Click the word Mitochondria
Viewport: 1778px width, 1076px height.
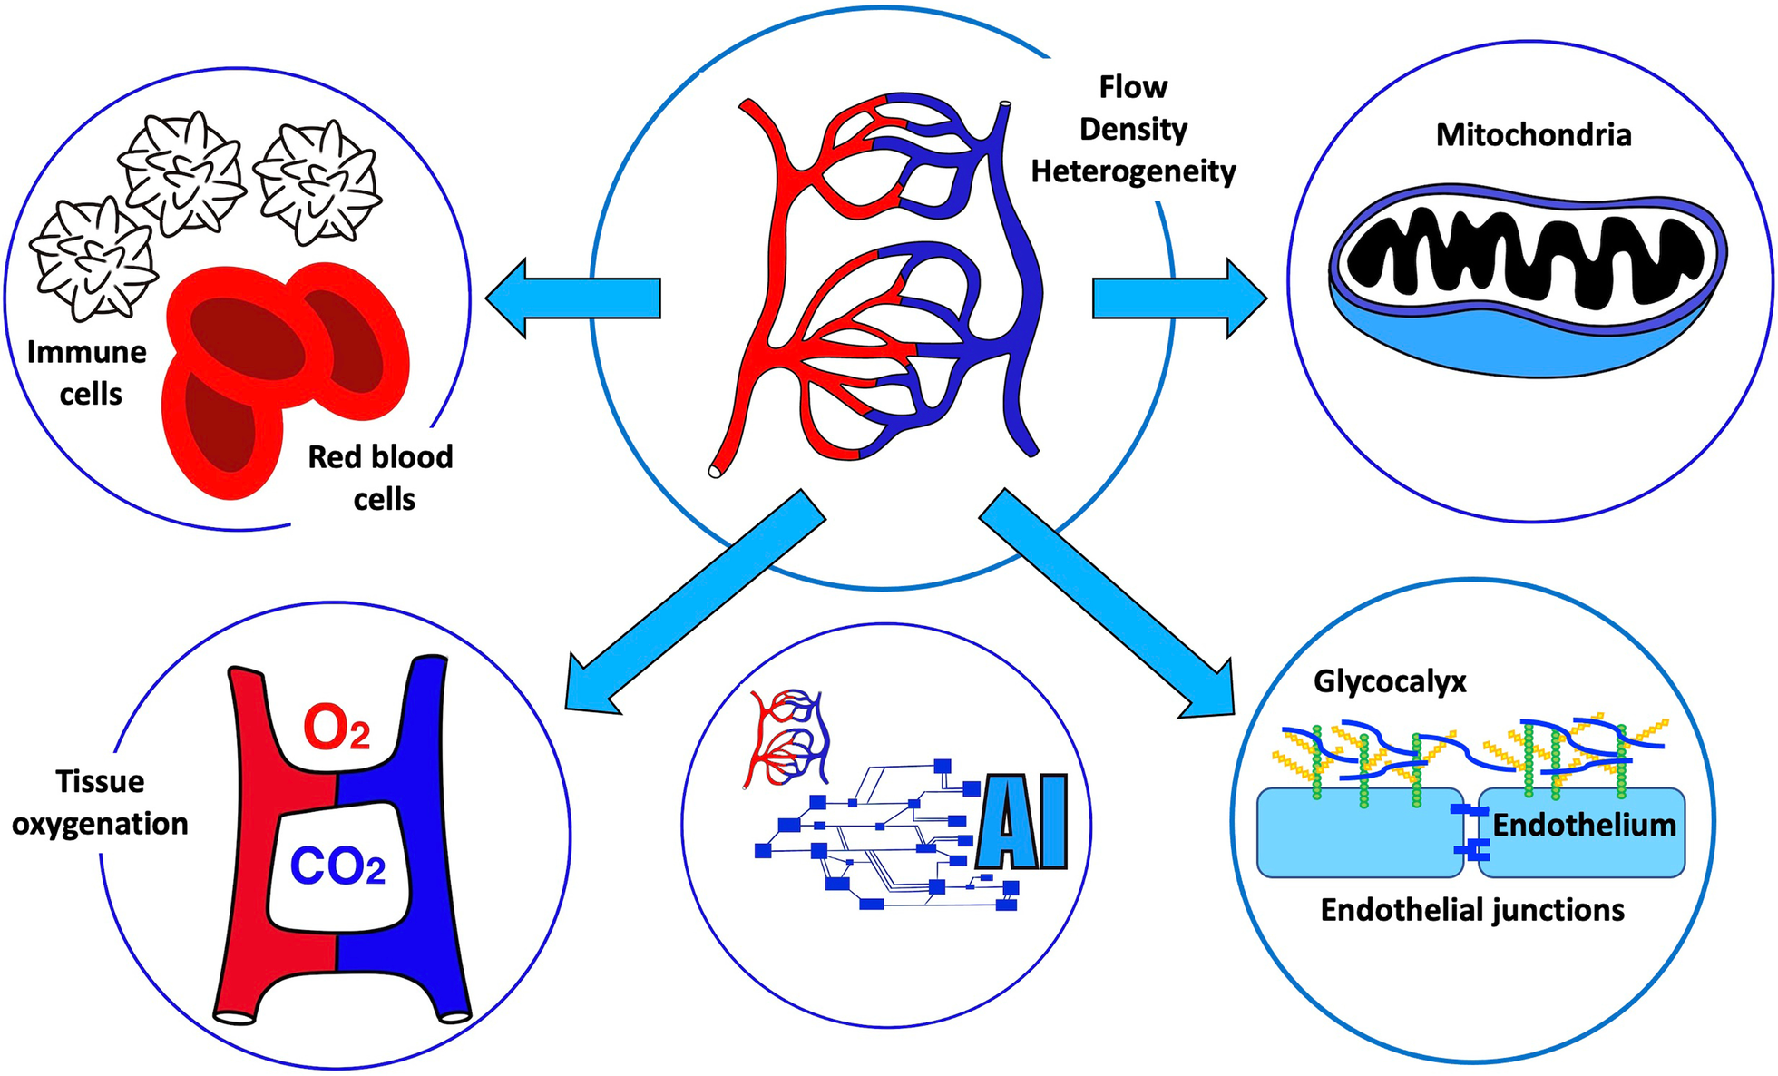(1533, 135)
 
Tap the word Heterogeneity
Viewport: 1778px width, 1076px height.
(1133, 171)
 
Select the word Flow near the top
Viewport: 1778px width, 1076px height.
(1133, 87)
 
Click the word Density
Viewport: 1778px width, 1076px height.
(1133, 129)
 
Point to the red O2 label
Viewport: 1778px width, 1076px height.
(336, 729)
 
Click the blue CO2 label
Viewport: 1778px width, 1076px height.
(337, 867)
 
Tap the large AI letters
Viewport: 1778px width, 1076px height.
(1022, 822)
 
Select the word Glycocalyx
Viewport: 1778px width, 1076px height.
(1390, 681)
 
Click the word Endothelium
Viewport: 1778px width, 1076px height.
(1584, 825)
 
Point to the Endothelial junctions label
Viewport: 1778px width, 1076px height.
(1472, 910)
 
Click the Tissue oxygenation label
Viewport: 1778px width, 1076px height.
(100, 803)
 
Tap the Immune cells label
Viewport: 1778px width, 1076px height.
(87, 373)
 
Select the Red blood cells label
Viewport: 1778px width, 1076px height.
(381, 478)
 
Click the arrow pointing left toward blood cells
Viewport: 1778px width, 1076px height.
(571, 298)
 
